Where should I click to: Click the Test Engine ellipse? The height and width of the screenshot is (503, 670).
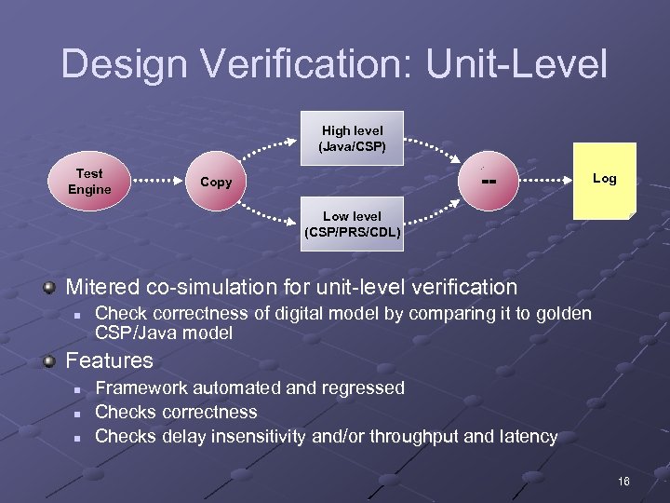click(x=89, y=182)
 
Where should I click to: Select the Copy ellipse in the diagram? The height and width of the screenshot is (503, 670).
click(x=216, y=182)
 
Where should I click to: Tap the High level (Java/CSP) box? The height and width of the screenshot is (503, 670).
click(x=352, y=139)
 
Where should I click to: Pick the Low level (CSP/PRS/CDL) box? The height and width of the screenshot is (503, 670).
click(x=352, y=224)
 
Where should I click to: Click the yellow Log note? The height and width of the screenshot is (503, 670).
click(x=604, y=180)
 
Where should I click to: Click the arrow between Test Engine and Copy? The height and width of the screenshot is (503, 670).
click(x=152, y=182)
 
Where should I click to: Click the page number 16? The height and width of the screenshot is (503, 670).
click(x=623, y=481)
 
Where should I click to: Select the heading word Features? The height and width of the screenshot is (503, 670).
click(x=109, y=360)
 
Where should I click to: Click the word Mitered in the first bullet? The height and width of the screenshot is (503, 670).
click(x=102, y=287)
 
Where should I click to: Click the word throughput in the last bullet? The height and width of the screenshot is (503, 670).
click(x=418, y=436)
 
